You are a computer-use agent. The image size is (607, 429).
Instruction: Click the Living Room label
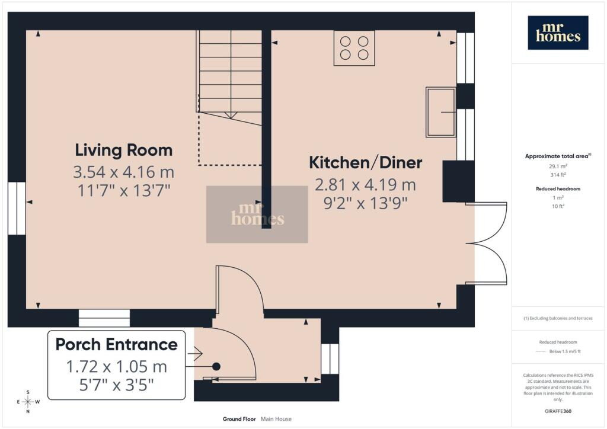click(123, 150)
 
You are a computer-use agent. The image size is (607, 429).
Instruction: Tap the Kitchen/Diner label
click(365, 162)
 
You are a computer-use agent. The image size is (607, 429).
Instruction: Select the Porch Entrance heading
click(117, 344)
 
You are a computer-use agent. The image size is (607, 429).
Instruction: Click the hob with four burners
click(354, 48)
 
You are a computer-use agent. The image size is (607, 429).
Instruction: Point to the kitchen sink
click(440, 112)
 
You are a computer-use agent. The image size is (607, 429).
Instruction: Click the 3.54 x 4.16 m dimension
click(123, 172)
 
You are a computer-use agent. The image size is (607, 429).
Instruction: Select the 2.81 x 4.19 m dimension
click(365, 184)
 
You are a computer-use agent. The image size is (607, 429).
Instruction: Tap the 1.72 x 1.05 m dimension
click(117, 366)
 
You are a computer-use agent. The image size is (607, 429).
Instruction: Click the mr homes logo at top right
click(558, 33)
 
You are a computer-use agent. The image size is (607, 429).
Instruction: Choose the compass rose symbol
click(28, 402)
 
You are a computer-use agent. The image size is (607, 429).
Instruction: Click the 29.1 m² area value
click(558, 167)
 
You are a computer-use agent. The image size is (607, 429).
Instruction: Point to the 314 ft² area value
click(558, 175)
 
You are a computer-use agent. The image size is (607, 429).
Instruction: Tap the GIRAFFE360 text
click(558, 411)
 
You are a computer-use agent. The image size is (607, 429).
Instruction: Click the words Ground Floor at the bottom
click(239, 419)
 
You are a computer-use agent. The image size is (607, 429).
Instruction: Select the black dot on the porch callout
click(216, 366)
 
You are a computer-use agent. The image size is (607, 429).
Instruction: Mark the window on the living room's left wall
click(17, 209)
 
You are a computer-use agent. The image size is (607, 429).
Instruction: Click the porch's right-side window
click(330, 359)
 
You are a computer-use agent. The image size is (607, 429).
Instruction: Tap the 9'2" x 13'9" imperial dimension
click(365, 203)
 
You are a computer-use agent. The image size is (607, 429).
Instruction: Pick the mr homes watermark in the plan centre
click(257, 214)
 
